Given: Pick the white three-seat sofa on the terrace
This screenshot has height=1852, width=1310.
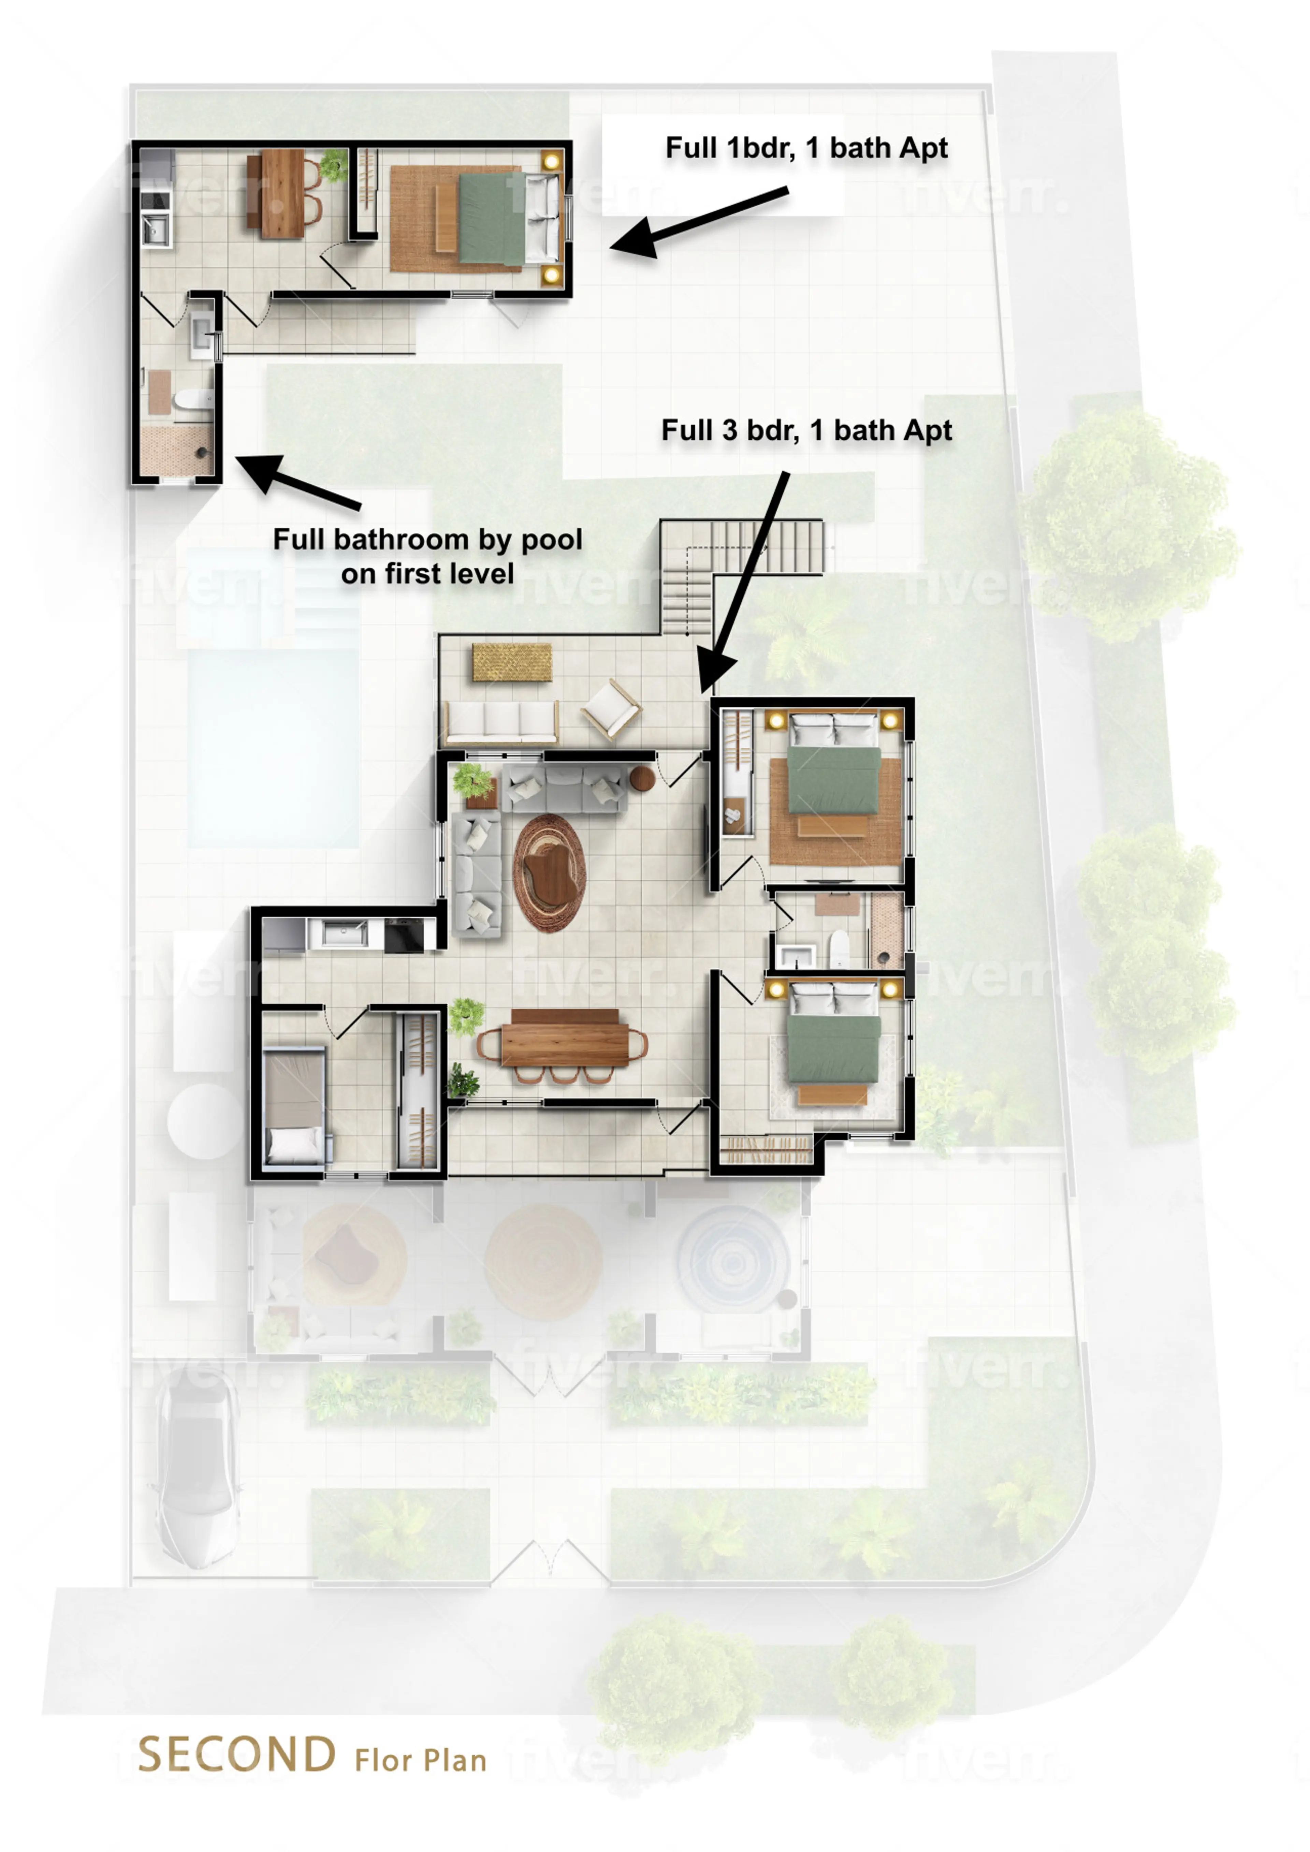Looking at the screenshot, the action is (502, 720).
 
